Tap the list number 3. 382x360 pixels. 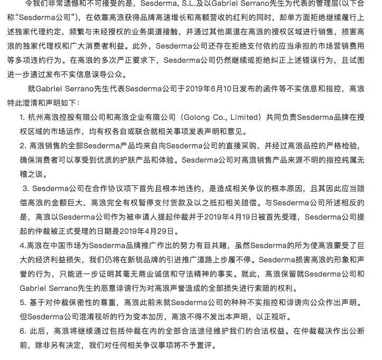[25, 188]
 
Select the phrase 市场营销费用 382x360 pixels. [322, 46]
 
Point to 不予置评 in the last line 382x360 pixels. [194, 345]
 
